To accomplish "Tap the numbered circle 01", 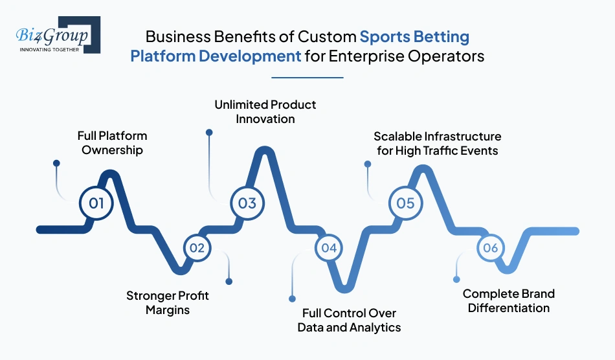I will (96, 203).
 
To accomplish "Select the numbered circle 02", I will (197, 247).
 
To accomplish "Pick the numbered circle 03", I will (247, 203).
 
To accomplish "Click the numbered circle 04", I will (329, 247).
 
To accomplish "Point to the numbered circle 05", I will (405, 203).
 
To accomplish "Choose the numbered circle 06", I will (490, 247).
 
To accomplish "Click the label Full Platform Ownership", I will (112, 143).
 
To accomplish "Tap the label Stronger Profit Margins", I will (168, 302).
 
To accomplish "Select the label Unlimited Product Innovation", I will (265, 111).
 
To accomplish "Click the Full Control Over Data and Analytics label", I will (349, 321).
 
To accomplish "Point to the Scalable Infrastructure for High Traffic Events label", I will (437, 143).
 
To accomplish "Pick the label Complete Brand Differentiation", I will (509, 301).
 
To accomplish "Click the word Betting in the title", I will (443, 36).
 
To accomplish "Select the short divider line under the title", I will (307, 77).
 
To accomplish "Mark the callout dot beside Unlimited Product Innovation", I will (209, 132).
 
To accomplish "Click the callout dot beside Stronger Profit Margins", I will (229, 281).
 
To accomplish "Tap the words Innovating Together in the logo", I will (50, 49).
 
